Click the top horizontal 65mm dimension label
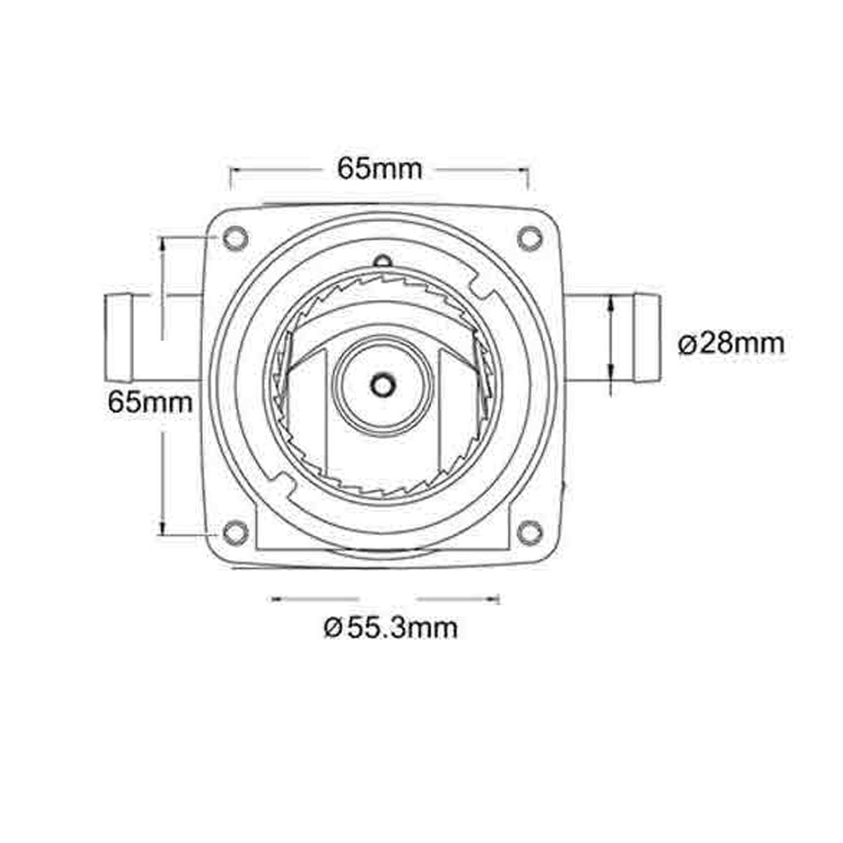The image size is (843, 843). click(x=379, y=169)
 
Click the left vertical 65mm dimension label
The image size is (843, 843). click(x=150, y=403)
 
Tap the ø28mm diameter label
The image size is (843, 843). click(x=731, y=344)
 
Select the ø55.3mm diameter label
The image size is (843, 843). click(x=391, y=627)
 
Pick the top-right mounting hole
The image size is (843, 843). click(x=528, y=237)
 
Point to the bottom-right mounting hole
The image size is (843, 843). click(x=528, y=532)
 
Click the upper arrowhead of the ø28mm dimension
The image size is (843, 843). click(x=612, y=301)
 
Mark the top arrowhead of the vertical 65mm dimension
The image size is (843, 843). click(x=163, y=243)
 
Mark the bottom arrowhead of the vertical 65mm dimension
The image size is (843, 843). click(x=163, y=531)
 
